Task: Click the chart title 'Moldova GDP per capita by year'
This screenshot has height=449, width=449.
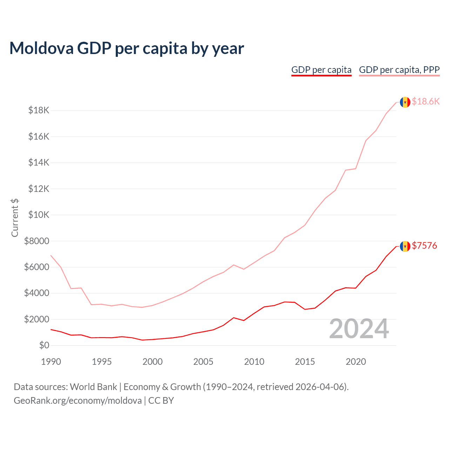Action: pyautogui.click(x=127, y=48)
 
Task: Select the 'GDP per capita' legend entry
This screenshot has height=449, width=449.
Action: pyautogui.click(x=321, y=70)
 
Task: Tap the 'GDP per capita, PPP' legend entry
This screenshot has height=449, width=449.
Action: pyautogui.click(x=399, y=70)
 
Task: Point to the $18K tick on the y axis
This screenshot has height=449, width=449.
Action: pyautogui.click(x=39, y=110)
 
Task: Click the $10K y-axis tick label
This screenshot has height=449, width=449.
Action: pyautogui.click(x=39, y=215)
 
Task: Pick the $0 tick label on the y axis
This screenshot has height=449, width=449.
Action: pyautogui.click(x=44, y=345)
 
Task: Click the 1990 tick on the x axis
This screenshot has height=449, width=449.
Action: pyautogui.click(x=51, y=362)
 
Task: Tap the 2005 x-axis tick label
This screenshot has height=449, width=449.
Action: pyautogui.click(x=203, y=362)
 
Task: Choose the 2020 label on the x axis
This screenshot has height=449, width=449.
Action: pyautogui.click(x=356, y=362)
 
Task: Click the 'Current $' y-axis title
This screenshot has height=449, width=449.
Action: pyautogui.click(x=15, y=217)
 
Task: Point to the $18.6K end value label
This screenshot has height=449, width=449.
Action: pyautogui.click(x=425, y=102)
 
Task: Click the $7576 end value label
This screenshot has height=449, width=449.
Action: pyautogui.click(x=424, y=246)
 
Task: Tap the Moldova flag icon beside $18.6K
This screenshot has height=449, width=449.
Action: pyautogui.click(x=405, y=102)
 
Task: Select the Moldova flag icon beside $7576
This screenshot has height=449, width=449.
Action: pyautogui.click(x=405, y=246)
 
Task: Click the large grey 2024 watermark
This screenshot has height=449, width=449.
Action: pyautogui.click(x=359, y=329)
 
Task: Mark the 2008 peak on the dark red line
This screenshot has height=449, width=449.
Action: pyautogui.click(x=234, y=317)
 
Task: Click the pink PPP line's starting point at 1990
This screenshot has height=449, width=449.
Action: pyautogui.click(x=51, y=255)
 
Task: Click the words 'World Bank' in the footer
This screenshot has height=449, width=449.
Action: pyautogui.click(x=93, y=387)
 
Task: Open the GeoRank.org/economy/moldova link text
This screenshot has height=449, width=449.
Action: pyautogui.click(x=78, y=401)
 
